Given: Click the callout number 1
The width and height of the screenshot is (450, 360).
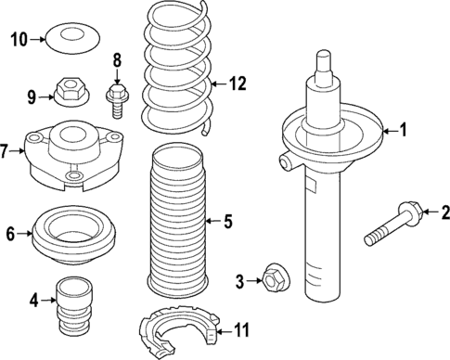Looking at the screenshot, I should click(403, 131).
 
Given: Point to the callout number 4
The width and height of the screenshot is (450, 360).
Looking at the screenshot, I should click(34, 299).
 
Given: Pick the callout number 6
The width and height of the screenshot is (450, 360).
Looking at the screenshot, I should click(11, 236).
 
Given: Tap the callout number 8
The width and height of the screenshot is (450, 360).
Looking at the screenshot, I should click(117, 62).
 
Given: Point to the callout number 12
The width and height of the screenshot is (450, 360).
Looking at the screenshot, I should click(239, 84).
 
